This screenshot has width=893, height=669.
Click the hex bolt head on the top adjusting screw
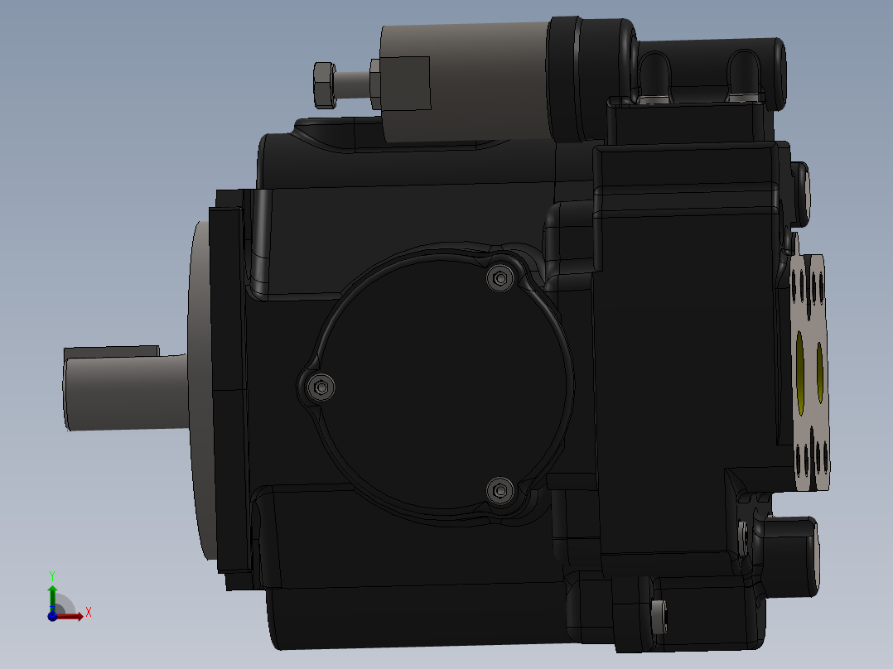(324, 84)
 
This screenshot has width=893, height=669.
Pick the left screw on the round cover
(321, 387)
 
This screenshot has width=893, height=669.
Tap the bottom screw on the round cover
(500, 491)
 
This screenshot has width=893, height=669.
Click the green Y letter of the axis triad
(52, 574)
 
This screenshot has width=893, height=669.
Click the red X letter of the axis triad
(88, 613)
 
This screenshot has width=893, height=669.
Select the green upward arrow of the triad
(52, 593)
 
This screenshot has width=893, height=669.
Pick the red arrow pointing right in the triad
(72, 615)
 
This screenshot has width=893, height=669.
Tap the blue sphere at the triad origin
(52, 615)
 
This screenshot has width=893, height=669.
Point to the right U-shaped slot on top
(742, 73)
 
